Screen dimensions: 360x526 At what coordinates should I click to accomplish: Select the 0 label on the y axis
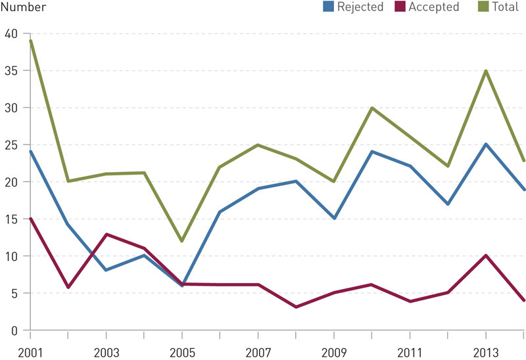point(13,330)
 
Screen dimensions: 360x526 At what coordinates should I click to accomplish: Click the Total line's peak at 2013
point(486,70)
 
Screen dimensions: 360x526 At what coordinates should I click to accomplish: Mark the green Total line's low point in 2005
point(182,241)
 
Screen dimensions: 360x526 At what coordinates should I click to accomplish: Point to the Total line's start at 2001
point(31,41)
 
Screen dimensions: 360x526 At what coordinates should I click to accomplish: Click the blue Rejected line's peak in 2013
point(486,145)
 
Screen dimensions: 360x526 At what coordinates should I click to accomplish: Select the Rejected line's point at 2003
point(107,270)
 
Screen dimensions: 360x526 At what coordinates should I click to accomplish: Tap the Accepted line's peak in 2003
point(107,234)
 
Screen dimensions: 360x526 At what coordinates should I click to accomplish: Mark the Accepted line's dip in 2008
point(296,307)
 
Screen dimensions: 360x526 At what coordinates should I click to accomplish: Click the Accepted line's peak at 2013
point(486,256)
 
